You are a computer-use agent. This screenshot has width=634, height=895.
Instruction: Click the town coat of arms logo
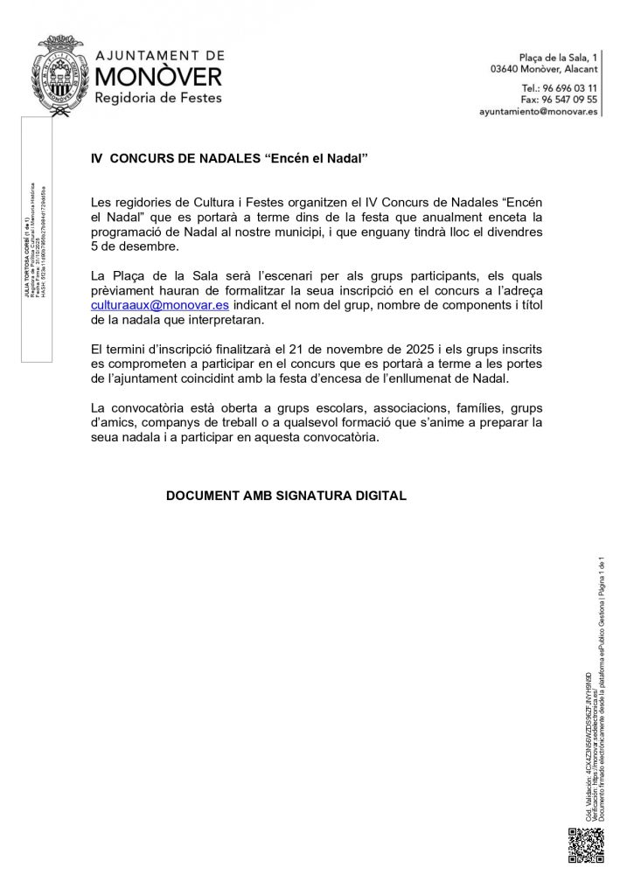click(61, 76)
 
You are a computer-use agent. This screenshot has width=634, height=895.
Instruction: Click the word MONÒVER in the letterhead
click(158, 76)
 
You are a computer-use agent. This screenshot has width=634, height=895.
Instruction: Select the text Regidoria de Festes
click(157, 98)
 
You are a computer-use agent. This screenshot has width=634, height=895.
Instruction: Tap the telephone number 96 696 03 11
click(572, 88)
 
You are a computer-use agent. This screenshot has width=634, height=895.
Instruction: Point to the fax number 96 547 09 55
click(572, 100)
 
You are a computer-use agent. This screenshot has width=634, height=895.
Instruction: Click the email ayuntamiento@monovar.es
click(539, 112)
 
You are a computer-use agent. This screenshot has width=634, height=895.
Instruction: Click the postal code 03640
click(507, 68)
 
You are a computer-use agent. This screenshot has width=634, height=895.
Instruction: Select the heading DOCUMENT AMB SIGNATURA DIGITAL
click(286, 496)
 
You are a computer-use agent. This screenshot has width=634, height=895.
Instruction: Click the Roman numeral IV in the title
click(98, 159)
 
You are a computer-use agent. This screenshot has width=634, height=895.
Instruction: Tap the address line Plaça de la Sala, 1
click(559, 56)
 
